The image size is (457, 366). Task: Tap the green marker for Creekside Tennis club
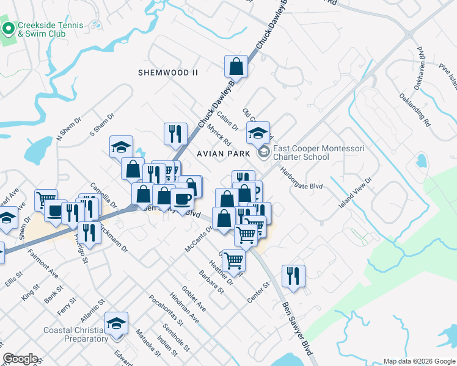coord(9,29)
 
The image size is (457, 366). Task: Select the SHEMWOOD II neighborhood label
coord(168,72)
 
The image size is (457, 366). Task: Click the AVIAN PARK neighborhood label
coord(224,154)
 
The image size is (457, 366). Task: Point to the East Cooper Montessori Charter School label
coord(301,152)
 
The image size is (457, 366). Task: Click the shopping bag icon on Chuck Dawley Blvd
coord(236,66)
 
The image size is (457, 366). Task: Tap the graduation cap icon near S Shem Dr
coord(121,146)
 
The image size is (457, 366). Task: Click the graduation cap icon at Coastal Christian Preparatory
coord(116,323)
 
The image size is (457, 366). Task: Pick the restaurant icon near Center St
coord(294,276)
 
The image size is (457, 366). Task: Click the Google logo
coord(21,359)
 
